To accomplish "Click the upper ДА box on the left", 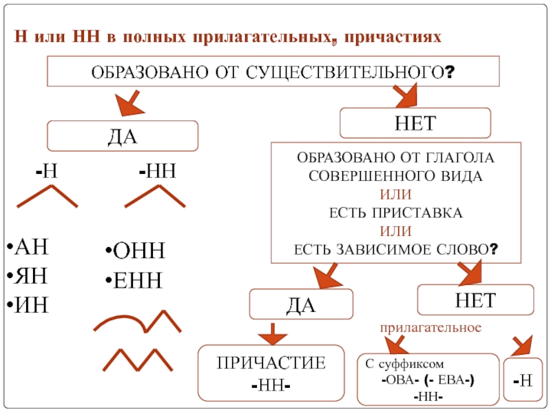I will pos(122,136).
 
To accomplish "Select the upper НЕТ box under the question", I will pos(416,124).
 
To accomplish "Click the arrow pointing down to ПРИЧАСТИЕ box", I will pos(273,333).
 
